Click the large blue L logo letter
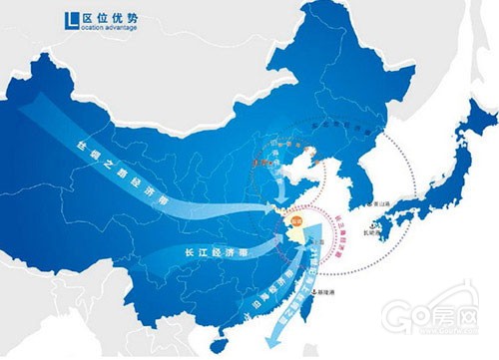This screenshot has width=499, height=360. [68, 19]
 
